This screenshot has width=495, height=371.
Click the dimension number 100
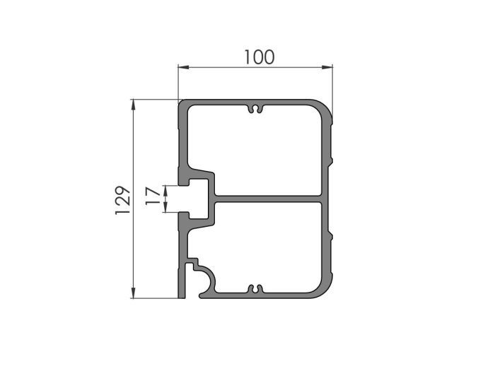click(259, 57)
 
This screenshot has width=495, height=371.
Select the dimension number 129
click(122, 200)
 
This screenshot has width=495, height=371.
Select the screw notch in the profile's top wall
click(255, 110)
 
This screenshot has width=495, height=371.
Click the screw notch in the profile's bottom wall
click(255, 288)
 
